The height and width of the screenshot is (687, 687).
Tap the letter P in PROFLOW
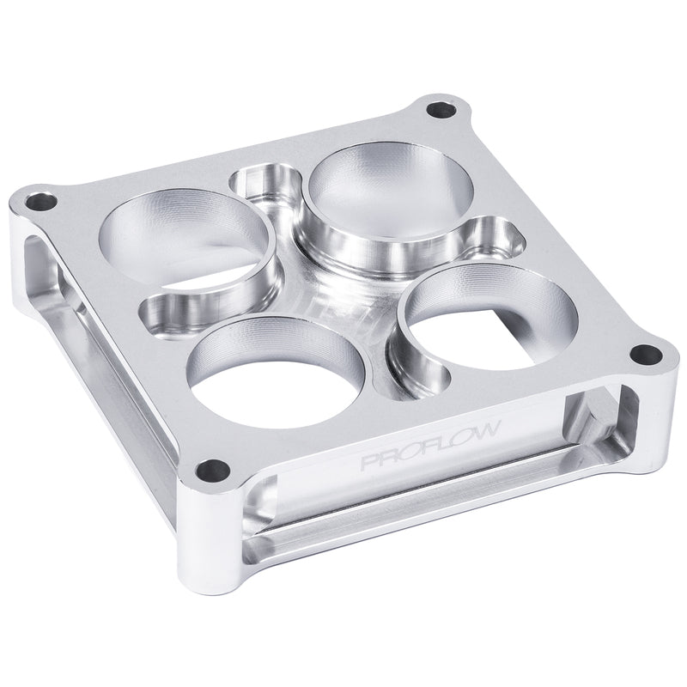pyautogui.click(x=367, y=464)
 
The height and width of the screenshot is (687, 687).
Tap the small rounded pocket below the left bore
pyautogui.click(x=172, y=309)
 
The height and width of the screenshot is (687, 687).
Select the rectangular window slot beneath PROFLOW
pyautogui.click(x=429, y=498)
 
